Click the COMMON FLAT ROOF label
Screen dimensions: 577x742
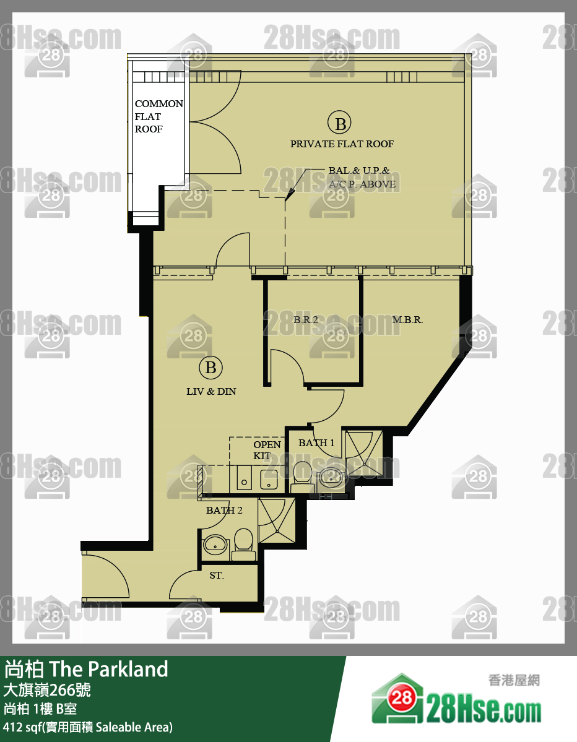point(158,116)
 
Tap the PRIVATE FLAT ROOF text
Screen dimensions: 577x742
point(342,144)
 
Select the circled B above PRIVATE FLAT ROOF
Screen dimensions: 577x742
point(340,124)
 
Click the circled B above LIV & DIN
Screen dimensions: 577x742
point(210,368)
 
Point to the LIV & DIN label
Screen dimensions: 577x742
point(211,391)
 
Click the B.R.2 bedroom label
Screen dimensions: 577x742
point(306,320)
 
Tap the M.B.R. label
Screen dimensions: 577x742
point(407,320)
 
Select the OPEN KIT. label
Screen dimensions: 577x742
point(267,450)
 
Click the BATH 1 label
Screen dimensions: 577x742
point(316,443)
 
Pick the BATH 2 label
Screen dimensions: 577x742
point(224,510)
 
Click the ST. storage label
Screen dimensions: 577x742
point(216,576)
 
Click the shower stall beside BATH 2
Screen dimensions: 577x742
point(277,520)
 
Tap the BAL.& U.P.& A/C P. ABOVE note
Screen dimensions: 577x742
point(362,177)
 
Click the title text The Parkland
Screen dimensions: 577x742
point(108,669)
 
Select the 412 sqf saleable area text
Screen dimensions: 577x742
point(88,727)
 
